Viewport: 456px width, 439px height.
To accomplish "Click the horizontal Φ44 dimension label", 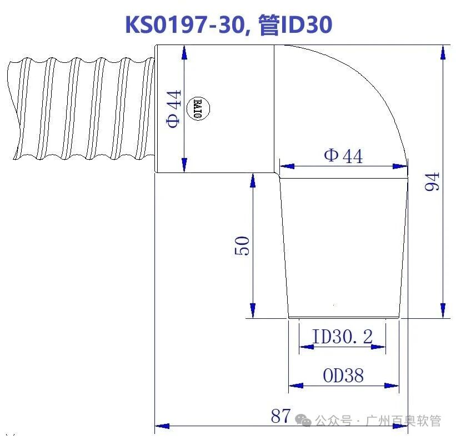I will [x=343, y=156].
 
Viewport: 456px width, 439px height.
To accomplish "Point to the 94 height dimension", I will [x=432, y=181].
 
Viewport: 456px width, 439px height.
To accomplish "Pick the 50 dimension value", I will [x=243, y=245].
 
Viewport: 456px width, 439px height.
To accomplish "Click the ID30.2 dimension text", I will [x=342, y=337].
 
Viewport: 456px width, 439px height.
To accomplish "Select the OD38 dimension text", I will [x=343, y=376].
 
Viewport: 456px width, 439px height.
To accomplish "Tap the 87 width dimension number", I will [x=281, y=416].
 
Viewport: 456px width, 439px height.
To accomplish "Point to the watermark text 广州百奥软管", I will [x=404, y=421].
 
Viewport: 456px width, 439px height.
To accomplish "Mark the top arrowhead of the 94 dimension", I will [x=443, y=52].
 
